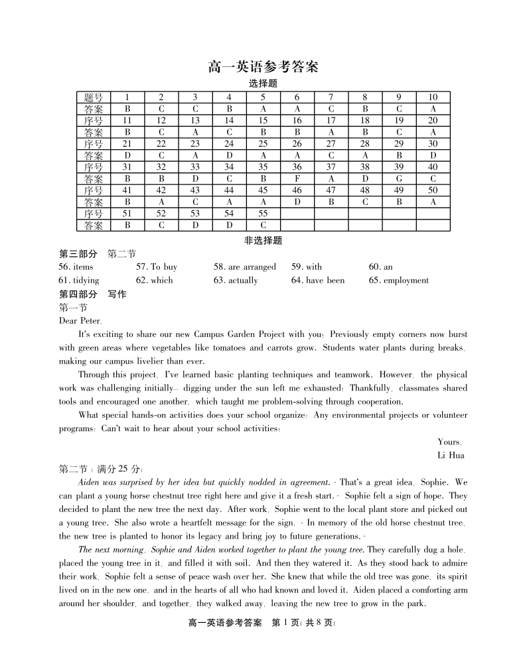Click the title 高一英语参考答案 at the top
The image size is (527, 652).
pos(263,67)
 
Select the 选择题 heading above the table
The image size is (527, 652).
pos(263,84)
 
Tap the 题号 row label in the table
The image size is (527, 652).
pos(94,98)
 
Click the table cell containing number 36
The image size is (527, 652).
pos(297,167)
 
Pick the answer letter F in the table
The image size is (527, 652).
pos(297,179)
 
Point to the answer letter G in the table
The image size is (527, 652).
pos(399,179)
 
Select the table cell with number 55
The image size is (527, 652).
pos(263,214)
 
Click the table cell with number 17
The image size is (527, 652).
pos(331,121)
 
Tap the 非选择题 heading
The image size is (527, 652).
pos(263,241)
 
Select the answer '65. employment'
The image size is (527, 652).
pos(398,280)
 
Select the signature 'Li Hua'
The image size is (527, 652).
pos(451,455)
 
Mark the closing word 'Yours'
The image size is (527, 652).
pos(449,442)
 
